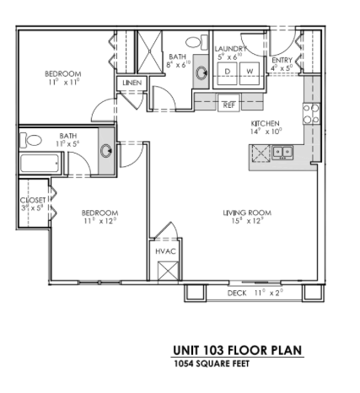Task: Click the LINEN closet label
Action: (132, 83)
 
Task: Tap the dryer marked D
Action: (228, 73)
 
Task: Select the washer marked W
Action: (250, 73)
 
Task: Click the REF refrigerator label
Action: (228, 105)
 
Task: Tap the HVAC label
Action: (164, 251)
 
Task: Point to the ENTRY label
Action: (281, 61)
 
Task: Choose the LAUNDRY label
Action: (231, 49)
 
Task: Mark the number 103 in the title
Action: (215, 351)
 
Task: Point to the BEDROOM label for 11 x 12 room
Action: (99, 213)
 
